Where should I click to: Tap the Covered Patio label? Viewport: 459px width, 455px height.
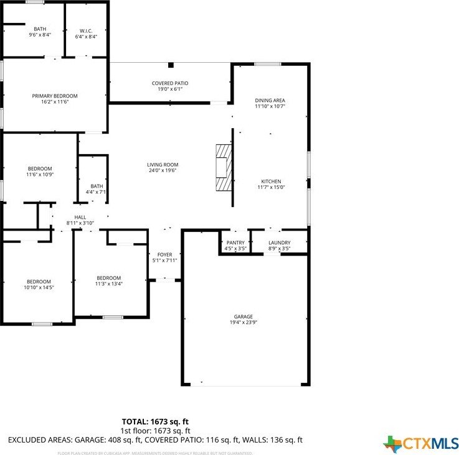point(170,83)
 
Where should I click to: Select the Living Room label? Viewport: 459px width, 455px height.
point(163,165)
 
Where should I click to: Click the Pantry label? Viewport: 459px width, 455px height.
point(235,242)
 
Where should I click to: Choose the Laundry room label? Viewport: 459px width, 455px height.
point(279,242)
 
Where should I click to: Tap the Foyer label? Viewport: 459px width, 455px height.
point(164,255)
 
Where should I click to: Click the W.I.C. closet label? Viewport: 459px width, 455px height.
point(87,30)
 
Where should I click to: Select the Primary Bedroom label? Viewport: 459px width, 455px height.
point(55,96)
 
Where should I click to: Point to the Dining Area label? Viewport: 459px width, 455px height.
point(270,100)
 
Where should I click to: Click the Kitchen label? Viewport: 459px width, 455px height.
point(271,182)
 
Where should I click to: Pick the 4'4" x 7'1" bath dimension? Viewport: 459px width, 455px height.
point(97,192)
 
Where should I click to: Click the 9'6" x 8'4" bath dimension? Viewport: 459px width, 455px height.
point(40,35)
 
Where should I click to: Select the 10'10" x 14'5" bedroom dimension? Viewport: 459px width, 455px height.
point(39,287)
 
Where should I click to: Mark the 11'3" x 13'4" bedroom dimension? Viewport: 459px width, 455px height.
point(108,284)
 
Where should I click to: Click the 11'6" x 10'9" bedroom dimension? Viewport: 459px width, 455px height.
point(39,175)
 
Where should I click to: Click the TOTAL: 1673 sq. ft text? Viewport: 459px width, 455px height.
point(154,422)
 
